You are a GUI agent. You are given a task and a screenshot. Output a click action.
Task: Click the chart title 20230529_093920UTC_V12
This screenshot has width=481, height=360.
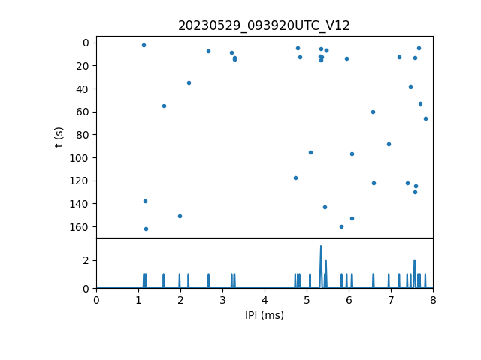[x=264, y=25]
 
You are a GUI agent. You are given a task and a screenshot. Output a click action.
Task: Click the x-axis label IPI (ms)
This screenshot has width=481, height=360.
[x=264, y=315]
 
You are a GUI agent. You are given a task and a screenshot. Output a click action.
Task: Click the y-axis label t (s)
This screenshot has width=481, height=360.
[x=59, y=136]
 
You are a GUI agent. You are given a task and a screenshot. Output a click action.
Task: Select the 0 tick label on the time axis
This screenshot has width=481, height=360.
[x=87, y=42]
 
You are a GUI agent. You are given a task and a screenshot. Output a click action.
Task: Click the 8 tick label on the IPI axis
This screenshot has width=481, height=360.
[x=433, y=300]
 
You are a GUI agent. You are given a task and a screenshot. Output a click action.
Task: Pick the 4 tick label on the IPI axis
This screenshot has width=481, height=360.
[x=265, y=300]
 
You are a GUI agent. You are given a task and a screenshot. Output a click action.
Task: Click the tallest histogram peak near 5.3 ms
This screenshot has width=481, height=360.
[x=321, y=247]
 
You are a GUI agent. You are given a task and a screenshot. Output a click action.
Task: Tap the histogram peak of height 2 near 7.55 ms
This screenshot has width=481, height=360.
[x=414, y=260]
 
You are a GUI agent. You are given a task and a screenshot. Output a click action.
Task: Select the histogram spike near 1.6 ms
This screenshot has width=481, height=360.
[x=163, y=274]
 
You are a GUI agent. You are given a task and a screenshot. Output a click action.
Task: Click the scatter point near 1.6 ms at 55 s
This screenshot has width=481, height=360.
[x=164, y=106]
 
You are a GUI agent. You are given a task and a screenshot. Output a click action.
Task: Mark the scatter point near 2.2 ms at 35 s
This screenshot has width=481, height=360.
[x=189, y=82]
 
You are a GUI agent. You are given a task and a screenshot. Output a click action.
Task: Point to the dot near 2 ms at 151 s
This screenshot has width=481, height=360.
[x=180, y=216]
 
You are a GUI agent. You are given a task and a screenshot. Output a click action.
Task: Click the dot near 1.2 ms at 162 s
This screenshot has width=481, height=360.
[x=146, y=229]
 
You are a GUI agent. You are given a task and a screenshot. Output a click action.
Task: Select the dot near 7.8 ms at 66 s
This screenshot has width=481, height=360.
[x=425, y=118]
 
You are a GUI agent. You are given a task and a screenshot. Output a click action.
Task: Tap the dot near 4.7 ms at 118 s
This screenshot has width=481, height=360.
[x=295, y=178]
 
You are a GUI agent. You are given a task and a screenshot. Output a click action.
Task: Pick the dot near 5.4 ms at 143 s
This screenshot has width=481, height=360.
[x=325, y=207]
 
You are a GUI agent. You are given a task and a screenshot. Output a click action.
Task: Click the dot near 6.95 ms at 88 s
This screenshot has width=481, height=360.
[x=389, y=144]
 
